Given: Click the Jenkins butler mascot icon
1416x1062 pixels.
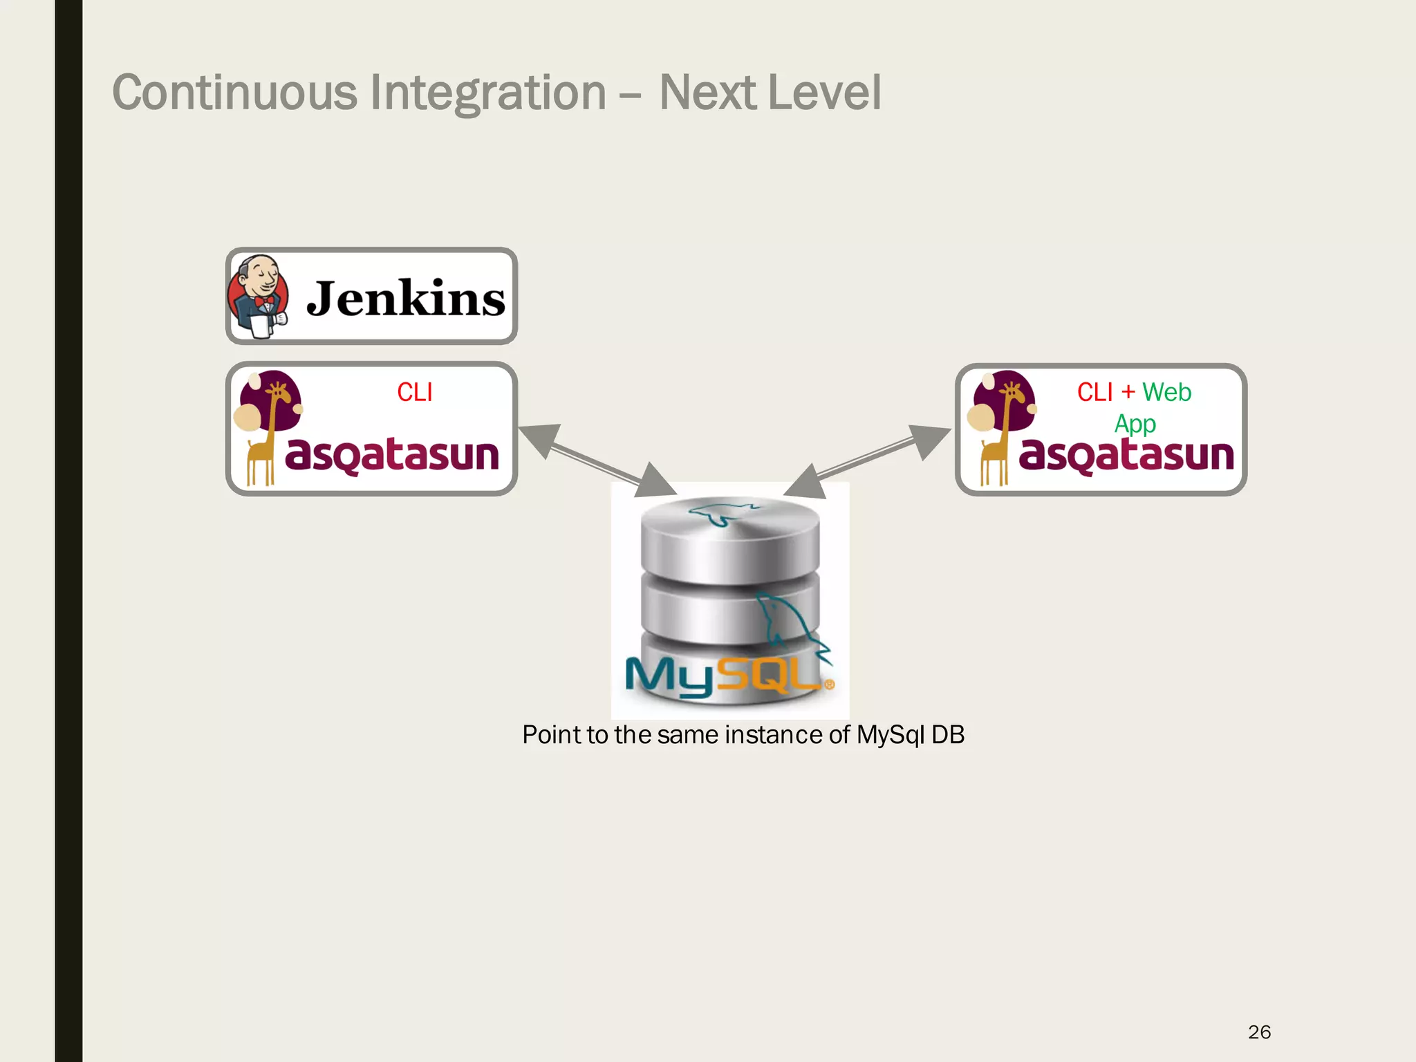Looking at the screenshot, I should pyautogui.click(x=257, y=296).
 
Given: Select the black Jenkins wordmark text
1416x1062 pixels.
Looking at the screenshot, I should pyautogui.click(x=406, y=299).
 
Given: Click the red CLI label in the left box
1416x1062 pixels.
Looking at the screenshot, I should pyautogui.click(x=414, y=393).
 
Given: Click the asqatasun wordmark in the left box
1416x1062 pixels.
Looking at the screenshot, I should pyautogui.click(x=392, y=454).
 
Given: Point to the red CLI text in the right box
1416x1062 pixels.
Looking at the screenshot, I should pyautogui.click(x=1094, y=393).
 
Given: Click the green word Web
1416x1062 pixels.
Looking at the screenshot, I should pyautogui.click(x=1166, y=393).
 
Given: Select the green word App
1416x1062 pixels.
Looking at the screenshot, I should pyautogui.click(x=1135, y=423).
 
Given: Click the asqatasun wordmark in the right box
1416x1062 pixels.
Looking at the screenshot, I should pyautogui.click(x=1126, y=454).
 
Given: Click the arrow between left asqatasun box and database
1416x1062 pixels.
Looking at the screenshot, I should pyautogui.click(x=596, y=460).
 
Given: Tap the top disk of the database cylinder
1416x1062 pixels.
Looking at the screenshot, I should pyautogui.click(x=729, y=529).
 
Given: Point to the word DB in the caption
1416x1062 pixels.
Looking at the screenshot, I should pyautogui.click(x=947, y=735).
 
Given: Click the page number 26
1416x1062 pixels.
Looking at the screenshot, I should pyautogui.click(x=1259, y=1032).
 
